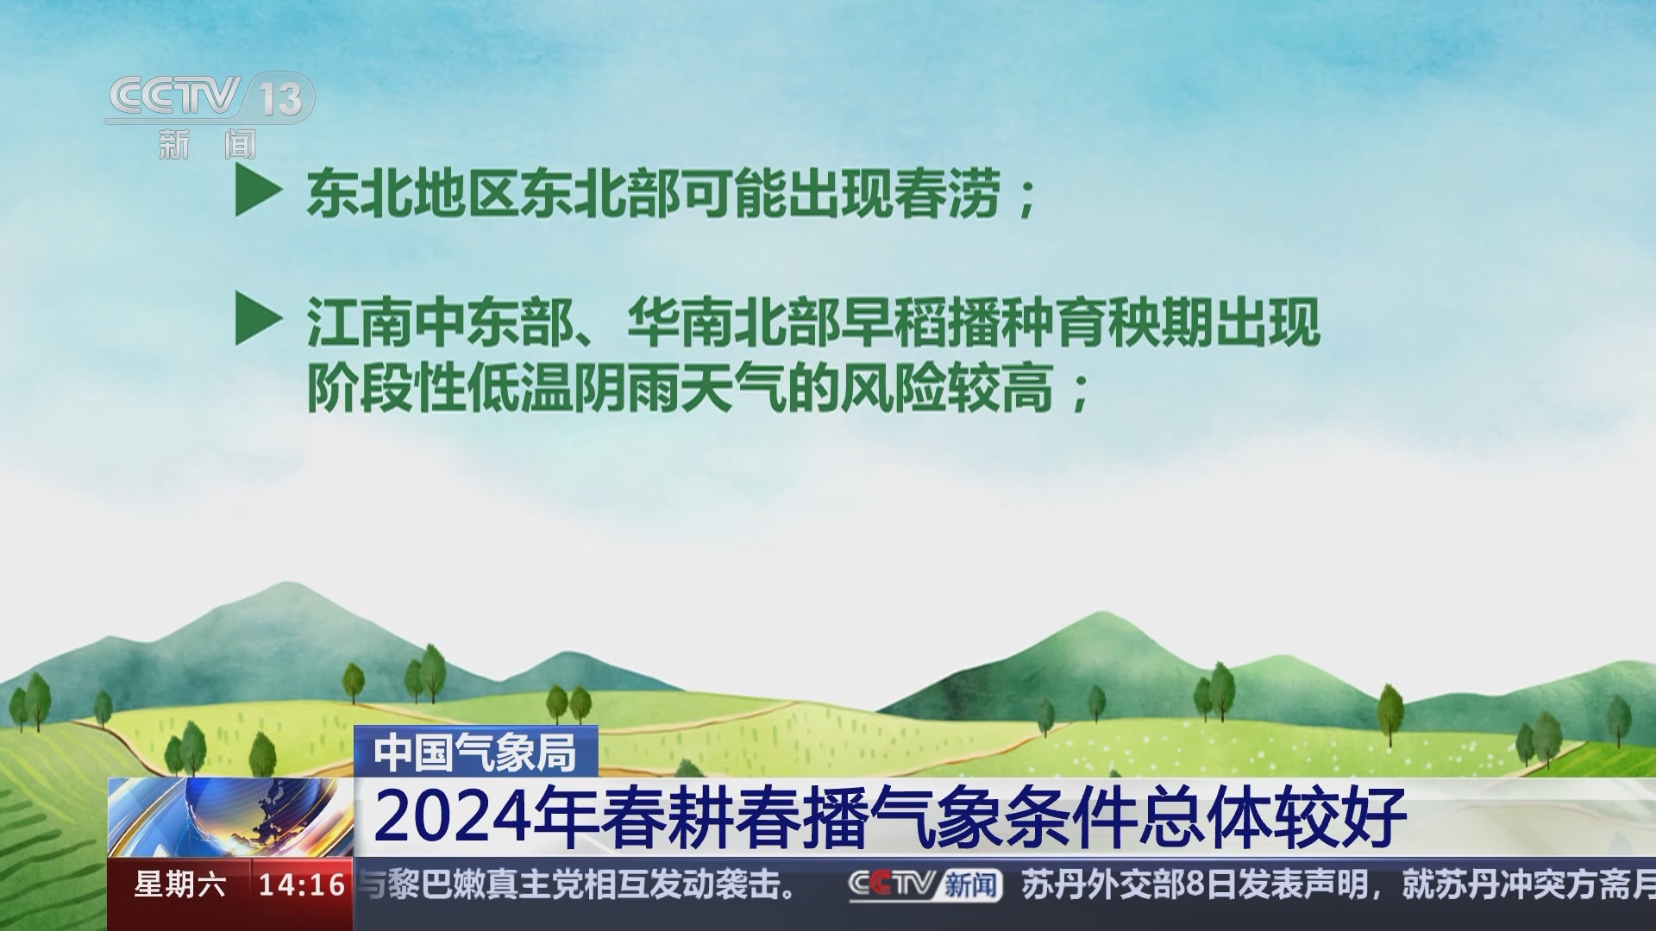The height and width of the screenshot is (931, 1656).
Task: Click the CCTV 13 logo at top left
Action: point(210,98)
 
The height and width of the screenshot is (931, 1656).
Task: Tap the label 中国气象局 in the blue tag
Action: point(475,753)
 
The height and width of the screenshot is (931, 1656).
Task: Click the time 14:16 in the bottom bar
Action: point(302,885)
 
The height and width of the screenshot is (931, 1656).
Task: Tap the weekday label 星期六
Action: point(179,885)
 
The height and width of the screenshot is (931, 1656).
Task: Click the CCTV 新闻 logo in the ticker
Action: point(925,885)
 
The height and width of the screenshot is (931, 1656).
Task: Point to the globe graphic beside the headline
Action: point(231,817)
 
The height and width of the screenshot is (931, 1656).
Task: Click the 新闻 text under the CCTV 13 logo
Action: point(208,144)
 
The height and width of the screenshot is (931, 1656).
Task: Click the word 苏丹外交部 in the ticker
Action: point(1108,885)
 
